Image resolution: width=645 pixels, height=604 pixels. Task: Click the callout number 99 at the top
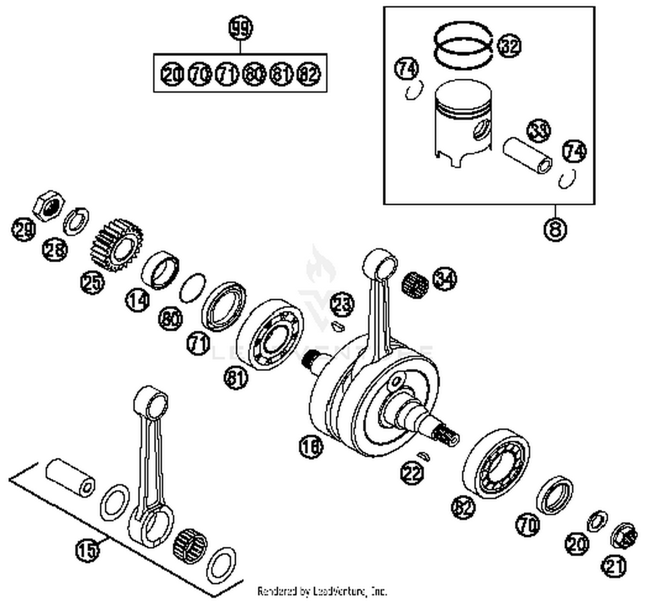pos(240,29)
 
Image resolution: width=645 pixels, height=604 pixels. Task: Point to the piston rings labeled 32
pos(463,46)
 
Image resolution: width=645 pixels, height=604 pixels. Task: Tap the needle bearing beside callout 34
pos(415,284)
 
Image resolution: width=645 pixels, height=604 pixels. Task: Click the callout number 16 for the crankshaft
pos(311,447)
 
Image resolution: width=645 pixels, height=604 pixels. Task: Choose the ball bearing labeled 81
pos(270,334)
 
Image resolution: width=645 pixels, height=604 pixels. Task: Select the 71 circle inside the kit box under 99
pos(226,74)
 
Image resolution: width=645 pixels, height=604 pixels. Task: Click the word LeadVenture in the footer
pos(340,592)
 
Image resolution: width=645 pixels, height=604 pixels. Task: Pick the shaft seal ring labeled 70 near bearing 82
pos(554,495)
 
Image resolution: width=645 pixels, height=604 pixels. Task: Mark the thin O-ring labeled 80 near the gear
pos(192,287)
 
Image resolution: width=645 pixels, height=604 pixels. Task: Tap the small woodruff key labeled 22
pos(423,456)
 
